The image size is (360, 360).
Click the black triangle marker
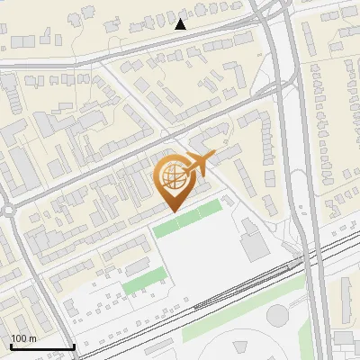tap(180, 24)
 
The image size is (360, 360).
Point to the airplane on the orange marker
tap(200, 164)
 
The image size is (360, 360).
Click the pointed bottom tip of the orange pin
tap(175, 212)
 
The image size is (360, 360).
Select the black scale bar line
tap(42, 346)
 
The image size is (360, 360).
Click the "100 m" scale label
tap(23, 337)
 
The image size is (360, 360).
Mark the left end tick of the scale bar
tap(11, 345)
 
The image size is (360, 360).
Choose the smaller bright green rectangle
tap(139, 284)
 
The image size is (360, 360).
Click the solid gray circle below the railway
tap(277, 315)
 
